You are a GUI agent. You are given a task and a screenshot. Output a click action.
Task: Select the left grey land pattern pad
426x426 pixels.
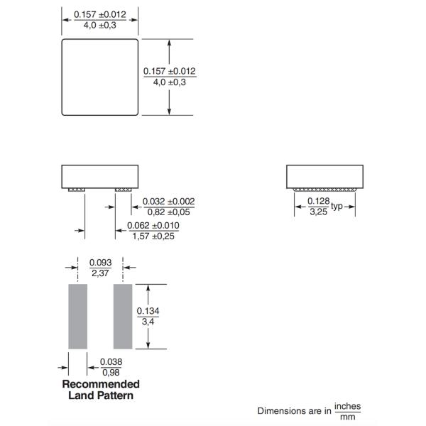[77, 316]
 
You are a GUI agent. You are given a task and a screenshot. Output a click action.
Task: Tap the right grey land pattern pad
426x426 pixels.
[123, 316]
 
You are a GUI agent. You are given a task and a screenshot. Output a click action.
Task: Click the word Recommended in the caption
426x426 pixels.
[101, 384]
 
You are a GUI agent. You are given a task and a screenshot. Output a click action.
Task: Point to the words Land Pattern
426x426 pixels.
[101, 395]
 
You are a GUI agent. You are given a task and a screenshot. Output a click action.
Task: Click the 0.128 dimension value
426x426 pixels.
[317, 202]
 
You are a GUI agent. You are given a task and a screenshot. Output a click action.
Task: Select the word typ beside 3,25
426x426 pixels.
[337, 207]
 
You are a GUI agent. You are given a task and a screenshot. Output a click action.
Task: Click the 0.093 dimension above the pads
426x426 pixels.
[100, 263]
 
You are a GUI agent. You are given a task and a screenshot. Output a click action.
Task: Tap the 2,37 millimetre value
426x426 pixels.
[100, 273]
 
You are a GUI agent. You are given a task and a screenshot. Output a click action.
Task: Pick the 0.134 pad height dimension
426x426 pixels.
[148, 311]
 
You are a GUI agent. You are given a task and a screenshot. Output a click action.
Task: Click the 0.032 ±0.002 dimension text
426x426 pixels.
[168, 202]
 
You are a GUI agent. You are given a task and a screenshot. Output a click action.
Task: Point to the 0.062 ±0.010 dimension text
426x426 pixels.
[153, 226]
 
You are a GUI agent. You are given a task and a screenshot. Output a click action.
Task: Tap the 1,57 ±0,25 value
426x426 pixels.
[153, 236]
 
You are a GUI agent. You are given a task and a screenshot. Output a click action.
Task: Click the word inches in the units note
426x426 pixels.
[348, 407]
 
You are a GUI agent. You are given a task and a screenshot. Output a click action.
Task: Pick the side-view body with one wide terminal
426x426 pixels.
[325, 176]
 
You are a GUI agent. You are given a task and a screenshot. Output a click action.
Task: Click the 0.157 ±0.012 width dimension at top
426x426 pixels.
[99, 15]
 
